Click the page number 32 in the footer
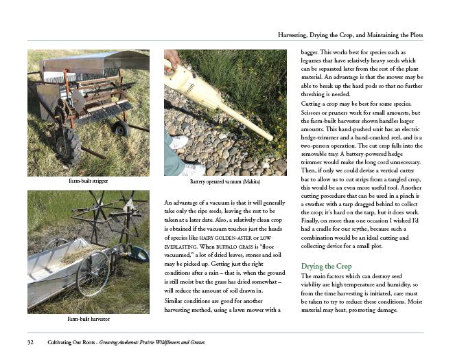tap(31, 342)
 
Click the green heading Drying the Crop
tap(327, 266)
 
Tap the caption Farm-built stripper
tap(89, 181)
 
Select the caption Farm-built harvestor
tap(89, 319)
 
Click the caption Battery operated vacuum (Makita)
tap(224, 181)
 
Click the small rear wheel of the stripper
tap(121, 128)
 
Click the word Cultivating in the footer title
tap(61, 342)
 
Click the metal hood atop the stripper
tap(96, 61)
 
